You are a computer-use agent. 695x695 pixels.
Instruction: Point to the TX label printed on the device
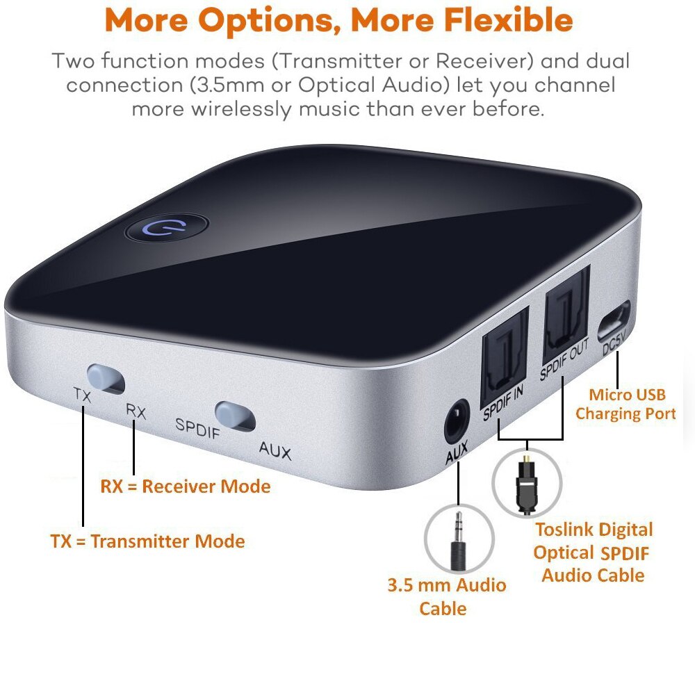pyautogui.click(x=83, y=394)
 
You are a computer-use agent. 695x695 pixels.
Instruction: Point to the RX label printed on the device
pyautogui.click(x=136, y=411)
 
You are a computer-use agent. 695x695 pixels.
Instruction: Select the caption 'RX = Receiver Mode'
pyautogui.click(x=185, y=486)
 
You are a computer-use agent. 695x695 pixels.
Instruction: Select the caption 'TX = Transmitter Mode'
pyautogui.click(x=147, y=541)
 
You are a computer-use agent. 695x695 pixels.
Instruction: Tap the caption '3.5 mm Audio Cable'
pyautogui.click(x=446, y=596)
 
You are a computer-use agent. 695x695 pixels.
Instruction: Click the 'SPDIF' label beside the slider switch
pyautogui.click(x=197, y=425)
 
